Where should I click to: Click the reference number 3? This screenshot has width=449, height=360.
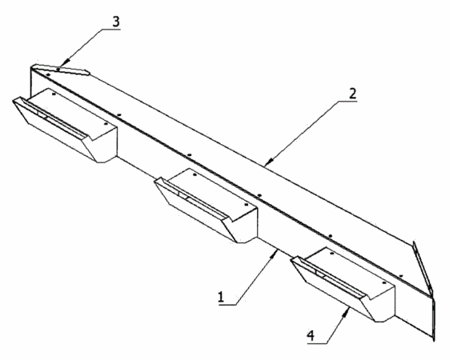(x=116, y=22)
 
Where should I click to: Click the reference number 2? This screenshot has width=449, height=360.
(x=352, y=94)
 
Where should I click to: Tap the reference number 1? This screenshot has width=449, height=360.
(x=221, y=297)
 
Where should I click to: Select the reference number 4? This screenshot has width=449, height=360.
(x=311, y=336)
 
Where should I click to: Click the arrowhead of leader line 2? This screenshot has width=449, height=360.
(x=268, y=162)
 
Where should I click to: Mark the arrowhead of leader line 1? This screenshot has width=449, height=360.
(x=275, y=254)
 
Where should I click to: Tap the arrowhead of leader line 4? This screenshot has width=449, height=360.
(x=347, y=312)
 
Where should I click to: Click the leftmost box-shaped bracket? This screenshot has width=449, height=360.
(x=65, y=125)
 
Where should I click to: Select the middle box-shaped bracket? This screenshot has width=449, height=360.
(x=206, y=206)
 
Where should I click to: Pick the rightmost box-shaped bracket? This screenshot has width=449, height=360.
(x=343, y=284)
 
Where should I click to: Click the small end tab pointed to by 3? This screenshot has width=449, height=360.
(x=60, y=70)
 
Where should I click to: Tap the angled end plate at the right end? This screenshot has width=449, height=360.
(x=424, y=290)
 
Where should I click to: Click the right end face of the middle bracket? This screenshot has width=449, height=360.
(x=245, y=225)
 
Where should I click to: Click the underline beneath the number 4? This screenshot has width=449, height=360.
(x=317, y=343)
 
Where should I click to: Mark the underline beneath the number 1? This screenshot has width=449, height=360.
(x=227, y=305)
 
